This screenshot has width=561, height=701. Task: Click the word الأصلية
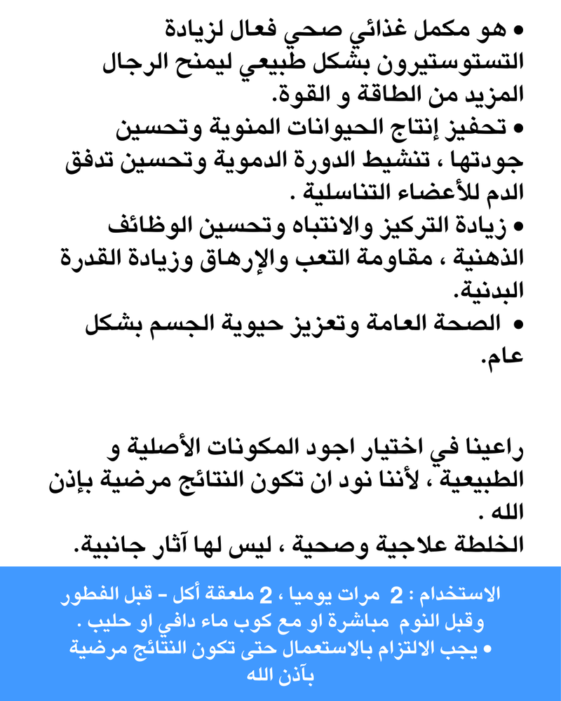tap(167, 447)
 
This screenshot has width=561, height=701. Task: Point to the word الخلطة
tap(485, 543)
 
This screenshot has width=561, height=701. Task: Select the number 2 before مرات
tap(397, 596)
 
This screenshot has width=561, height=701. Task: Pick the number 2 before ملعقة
tap(265, 596)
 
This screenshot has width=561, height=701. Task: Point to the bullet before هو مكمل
tap(520, 32)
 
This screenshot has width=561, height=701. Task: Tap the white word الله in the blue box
tap(261, 676)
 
